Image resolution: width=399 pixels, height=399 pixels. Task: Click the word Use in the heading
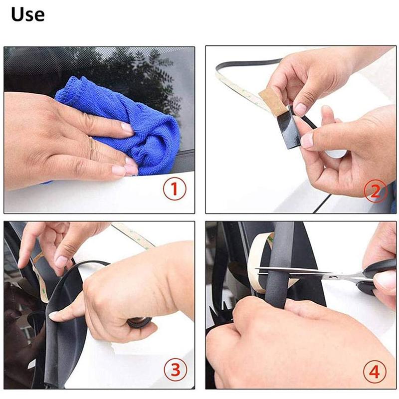coord(27,14)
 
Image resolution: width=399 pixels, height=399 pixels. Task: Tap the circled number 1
coord(175,190)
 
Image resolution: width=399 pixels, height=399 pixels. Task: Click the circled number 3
coord(175,369)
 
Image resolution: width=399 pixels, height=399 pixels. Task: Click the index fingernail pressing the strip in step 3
coord(54,315)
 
